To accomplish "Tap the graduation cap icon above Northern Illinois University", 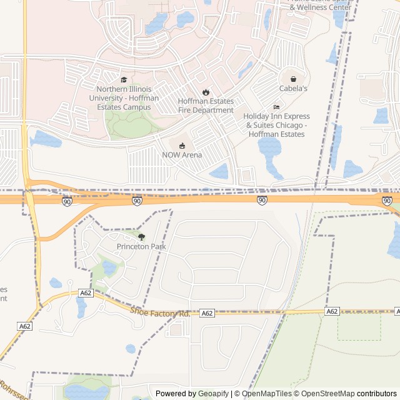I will click(x=124, y=80).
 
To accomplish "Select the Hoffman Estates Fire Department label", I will click(x=206, y=106).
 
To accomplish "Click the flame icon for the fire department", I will click(x=206, y=92).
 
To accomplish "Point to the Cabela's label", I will click(x=293, y=89).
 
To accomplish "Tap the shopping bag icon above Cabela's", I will click(x=293, y=79).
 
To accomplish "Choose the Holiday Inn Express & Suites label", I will click(x=276, y=125).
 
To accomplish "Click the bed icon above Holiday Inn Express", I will click(x=276, y=107).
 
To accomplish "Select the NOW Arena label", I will click(x=182, y=155).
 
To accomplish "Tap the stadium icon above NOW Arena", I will click(x=182, y=146).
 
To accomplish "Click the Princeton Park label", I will click(x=141, y=247).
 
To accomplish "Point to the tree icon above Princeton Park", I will click(x=141, y=237).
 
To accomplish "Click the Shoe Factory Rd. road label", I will click(x=160, y=311).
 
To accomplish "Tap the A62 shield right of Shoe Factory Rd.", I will click(x=207, y=313).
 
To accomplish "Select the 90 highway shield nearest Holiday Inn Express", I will click(x=262, y=200).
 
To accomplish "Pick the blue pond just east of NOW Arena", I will click(x=219, y=171).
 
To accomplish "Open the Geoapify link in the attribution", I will click(x=213, y=394).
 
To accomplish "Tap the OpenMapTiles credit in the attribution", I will click(x=266, y=394).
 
